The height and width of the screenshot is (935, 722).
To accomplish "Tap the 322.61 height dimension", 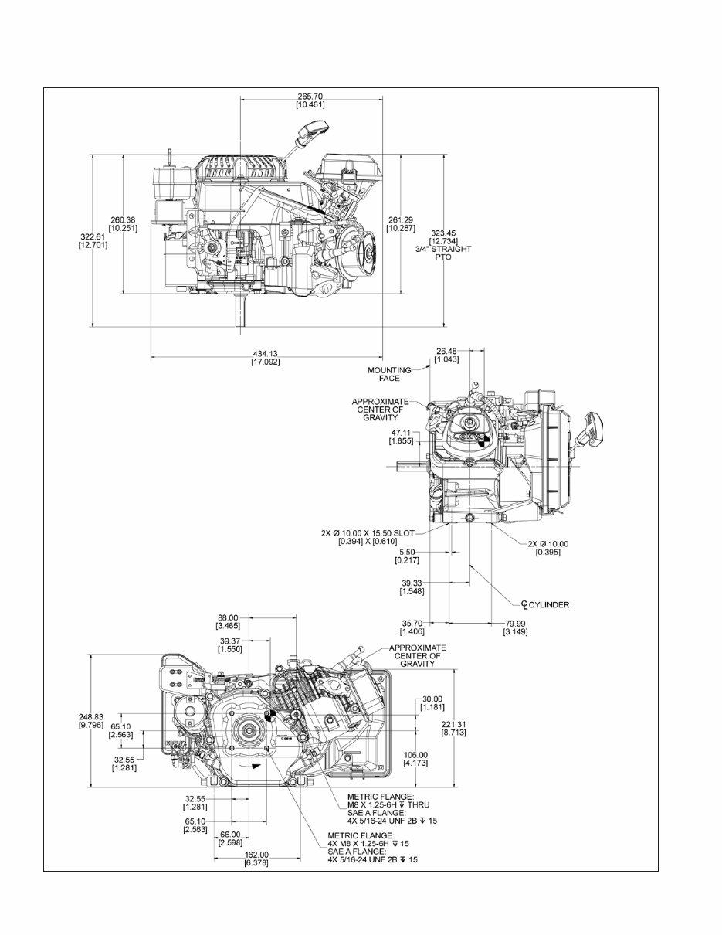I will coord(93,240).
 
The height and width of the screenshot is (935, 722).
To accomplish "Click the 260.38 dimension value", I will coord(123,223).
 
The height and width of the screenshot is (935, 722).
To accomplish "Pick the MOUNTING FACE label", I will coord(389,374).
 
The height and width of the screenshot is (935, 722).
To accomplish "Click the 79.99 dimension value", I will coord(515,627).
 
